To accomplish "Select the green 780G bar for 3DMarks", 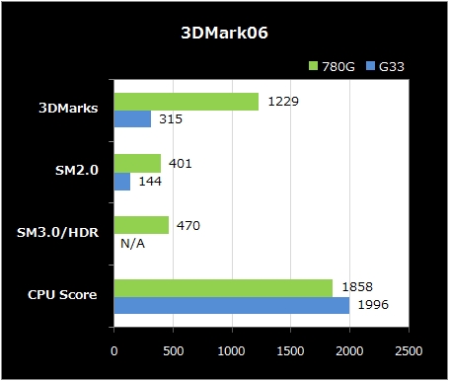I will [x=187, y=102].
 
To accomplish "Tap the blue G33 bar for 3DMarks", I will [x=132, y=119].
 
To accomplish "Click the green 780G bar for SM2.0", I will [x=137, y=164].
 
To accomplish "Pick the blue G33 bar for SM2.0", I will [x=122, y=182].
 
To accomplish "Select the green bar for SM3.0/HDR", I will [x=141, y=225].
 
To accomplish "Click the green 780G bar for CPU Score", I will [x=223, y=287].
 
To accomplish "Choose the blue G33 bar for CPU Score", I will [x=232, y=305].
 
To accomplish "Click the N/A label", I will [x=133, y=243].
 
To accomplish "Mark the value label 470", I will [x=187, y=225].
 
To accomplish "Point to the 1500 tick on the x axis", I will [x=291, y=350].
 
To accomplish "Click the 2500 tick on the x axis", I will [x=409, y=350].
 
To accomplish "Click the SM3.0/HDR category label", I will [x=58, y=234].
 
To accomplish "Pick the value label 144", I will [x=149, y=182].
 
